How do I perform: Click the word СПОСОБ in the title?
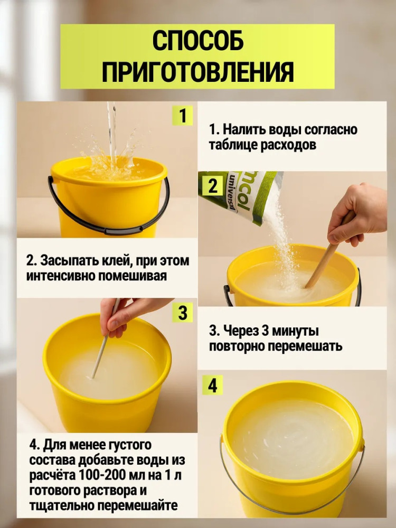(197, 41)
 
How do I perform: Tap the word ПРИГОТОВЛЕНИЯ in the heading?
(197, 71)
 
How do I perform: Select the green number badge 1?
(183, 116)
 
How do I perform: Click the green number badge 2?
(212, 185)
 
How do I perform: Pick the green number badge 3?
(183, 312)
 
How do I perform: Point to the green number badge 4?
(212, 385)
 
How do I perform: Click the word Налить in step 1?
(242, 129)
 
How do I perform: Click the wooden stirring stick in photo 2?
(327, 253)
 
